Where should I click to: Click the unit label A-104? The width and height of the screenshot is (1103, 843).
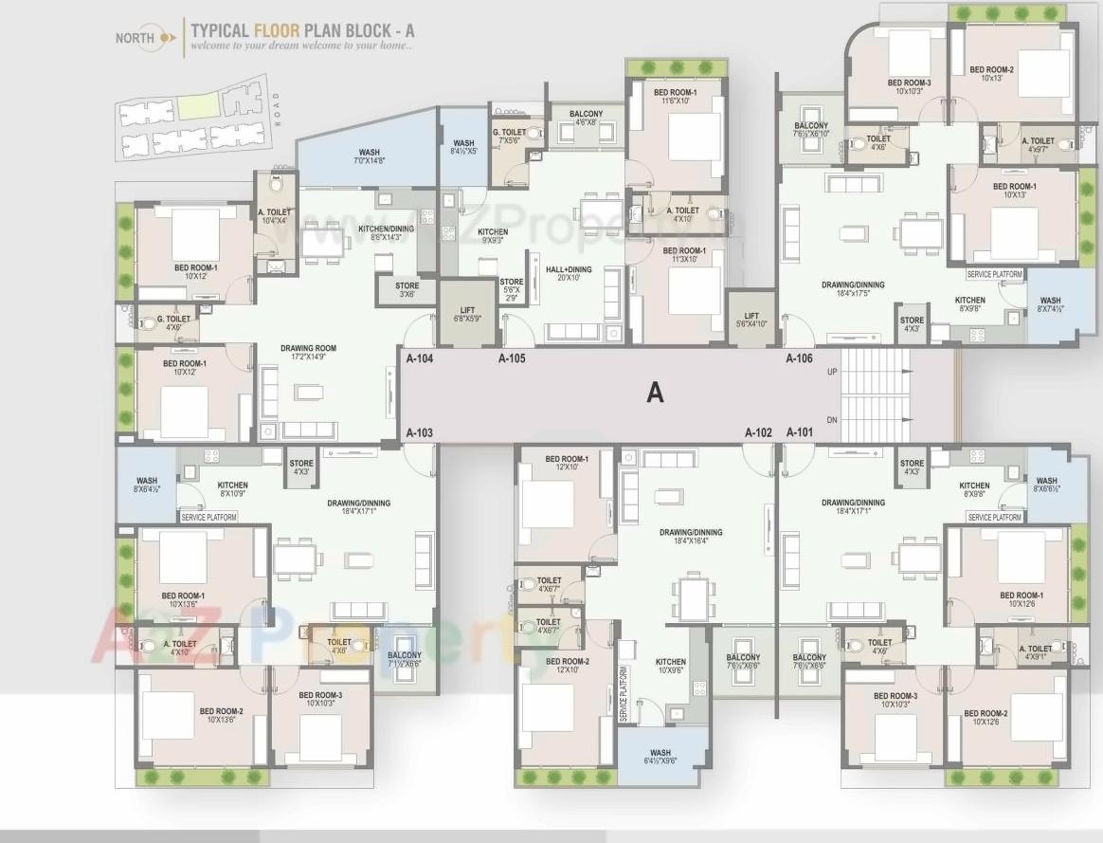pos(420,358)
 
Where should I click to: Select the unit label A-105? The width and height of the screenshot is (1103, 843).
pos(512,358)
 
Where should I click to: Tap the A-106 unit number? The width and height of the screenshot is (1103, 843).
pos(800,358)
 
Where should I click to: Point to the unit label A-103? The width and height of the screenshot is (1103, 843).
pos(420,432)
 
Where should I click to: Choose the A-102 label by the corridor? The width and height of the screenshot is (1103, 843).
pos(758,432)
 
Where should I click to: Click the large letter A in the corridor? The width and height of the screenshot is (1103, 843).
pos(655,393)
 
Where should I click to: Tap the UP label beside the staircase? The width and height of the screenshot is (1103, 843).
pos(832,372)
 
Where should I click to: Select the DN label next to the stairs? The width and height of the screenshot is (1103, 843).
pos(832,420)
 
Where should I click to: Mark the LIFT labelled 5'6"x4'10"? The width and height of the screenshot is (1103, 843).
pos(751,320)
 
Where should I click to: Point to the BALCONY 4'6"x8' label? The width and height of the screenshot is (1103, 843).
pos(586,118)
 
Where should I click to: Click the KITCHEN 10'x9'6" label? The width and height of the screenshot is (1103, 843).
pos(671,667)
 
